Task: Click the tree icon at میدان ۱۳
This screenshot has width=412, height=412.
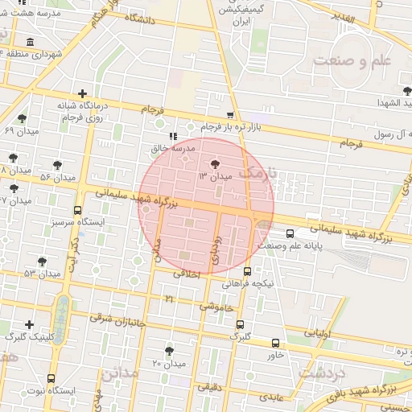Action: pyautogui.click(x=215, y=163)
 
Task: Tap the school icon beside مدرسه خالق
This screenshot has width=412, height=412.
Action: pyautogui.click(x=172, y=137)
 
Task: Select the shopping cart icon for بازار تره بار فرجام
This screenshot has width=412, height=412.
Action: pyautogui.click(x=231, y=115)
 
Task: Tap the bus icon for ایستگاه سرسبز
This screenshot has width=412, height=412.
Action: pyautogui.click(x=77, y=211)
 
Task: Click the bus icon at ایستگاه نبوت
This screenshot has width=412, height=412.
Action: pyautogui.click(x=51, y=378)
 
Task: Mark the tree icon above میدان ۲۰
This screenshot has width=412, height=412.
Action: pyautogui.click(x=169, y=351)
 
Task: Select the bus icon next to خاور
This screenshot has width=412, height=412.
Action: pyautogui.click(x=276, y=342)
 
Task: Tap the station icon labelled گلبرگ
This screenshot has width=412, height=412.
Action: pyautogui.click(x=240, y=324)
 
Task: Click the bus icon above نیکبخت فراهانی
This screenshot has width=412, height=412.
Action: pyautogui.click(x=247, y=271)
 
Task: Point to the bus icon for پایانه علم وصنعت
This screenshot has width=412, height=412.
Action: pyautogui.click(x=290, y=234)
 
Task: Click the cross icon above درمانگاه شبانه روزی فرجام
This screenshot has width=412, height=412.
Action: pyautogui.click(x=82, y=93)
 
